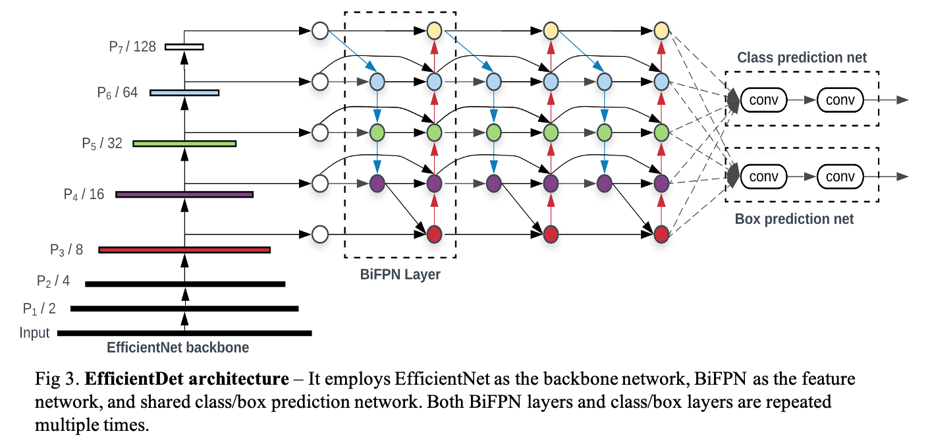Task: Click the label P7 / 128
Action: tap(132, 47)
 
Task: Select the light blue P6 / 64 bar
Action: tap(184, 92)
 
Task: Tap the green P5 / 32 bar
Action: tap(184, 143)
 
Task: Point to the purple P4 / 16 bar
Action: tap(184, 194)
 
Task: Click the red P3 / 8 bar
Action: tap(184, 250)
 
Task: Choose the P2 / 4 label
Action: tap(53, 281)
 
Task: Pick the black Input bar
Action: tap(184, 333)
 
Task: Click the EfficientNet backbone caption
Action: tap(178, 348)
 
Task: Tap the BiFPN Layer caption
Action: tap(400, 275)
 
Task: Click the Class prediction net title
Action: tap(802, 58)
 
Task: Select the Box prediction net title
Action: tap(794, 219)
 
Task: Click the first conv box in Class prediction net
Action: tap(764, 100)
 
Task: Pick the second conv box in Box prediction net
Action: tap(840, 177)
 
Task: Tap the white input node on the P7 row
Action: tap(319, 30)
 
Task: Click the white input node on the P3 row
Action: tap(319, 234)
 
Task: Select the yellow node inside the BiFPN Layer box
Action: tap(433, 30)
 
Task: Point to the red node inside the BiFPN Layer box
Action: tap(433, 234)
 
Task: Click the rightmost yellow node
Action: tap(661, 30)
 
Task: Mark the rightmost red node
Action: tap(661, 234)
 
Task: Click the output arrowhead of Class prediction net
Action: tap(904, 100)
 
